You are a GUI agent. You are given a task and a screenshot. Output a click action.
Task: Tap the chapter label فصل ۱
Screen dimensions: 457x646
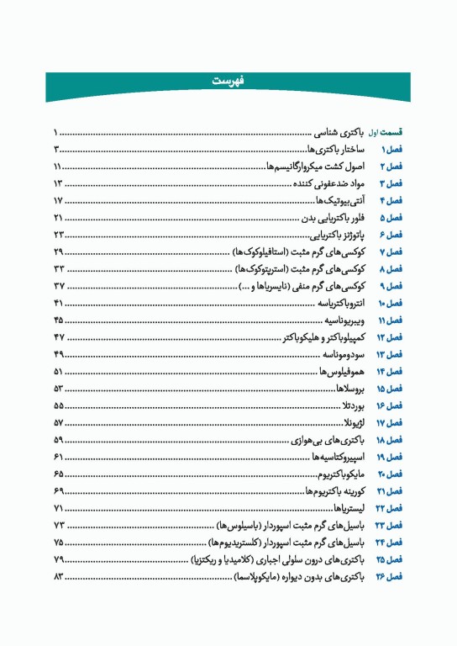coord(391,149)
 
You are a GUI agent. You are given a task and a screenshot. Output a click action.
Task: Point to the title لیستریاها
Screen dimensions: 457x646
coord(353,509)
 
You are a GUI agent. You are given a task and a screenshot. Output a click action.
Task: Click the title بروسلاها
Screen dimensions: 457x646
coord(354,389)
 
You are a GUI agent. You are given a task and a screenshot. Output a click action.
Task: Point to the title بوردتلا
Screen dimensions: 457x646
coord(356,405)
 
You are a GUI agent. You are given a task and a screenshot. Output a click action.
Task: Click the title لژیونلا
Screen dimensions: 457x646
coord(357,423)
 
